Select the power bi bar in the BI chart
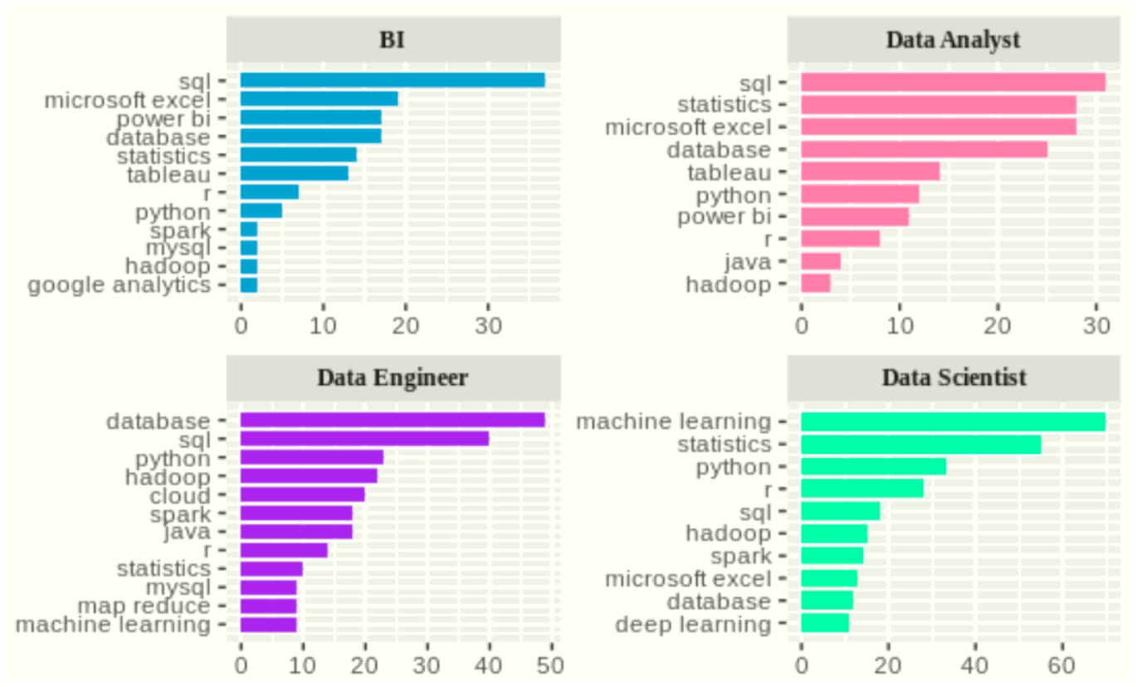pyautogui.click(x=310, y=118)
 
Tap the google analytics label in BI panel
pyautogui.click(x=119, y=285)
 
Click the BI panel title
pyautogui.click(x=393, y=39)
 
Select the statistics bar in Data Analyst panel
pyautogui.click(x=938, y=105)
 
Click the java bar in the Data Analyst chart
pyautogui.click(x=821, y=261)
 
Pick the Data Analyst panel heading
pyautogui.click(x=953, y=39)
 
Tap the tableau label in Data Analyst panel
pyautogui.click(x=729, y=173)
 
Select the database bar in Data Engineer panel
pyautogui.click(x=392, y=421)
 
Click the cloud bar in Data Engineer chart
pyautogui.click(x=302, y=495)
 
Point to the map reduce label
pyautogui.click(x=144, y=606)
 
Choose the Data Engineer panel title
pyautogui.click(x=393, y=378)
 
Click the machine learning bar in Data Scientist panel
pyautogui.click(x=953, y=421)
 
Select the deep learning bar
pyautogui.click(x=825, y=623)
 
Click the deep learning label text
pyautogui.click(x=693, y=624)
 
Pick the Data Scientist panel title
pyautogui.click(x=954, y=378)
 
